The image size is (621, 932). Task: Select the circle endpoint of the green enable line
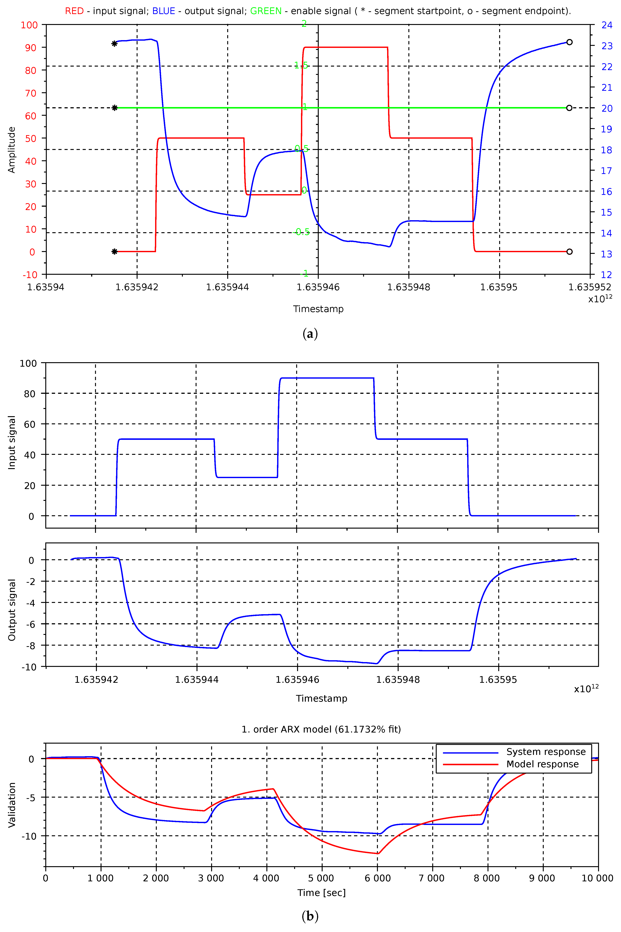coord(569,108)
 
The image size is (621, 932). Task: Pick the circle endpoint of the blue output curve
coord(569,42)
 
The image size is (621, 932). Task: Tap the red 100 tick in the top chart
coord(29,25)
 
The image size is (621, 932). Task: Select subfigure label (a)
coord(310,334)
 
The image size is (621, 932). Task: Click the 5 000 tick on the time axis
coord(322,878)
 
